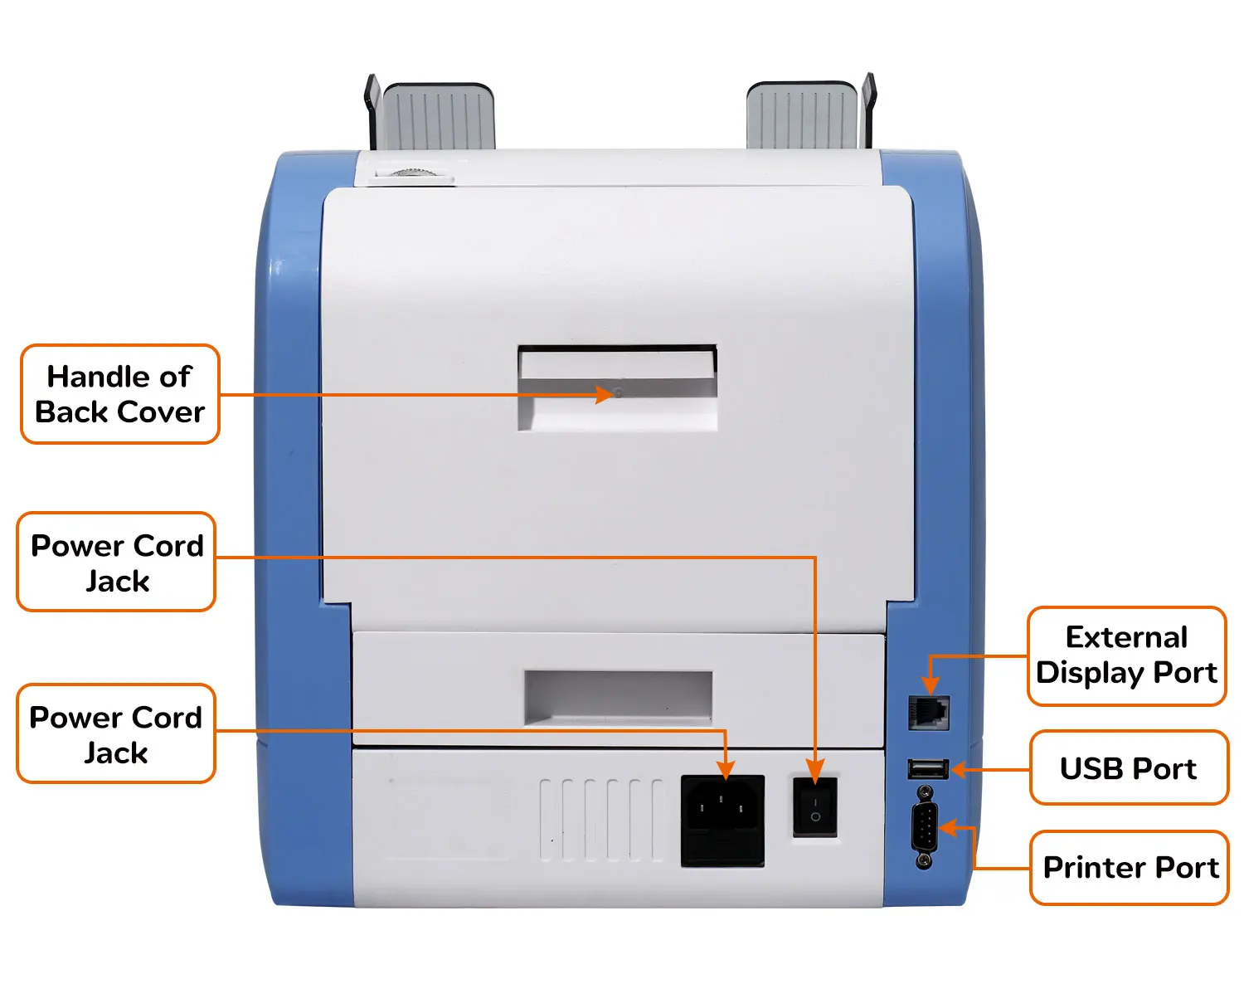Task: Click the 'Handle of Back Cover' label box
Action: click(x=120, y=394)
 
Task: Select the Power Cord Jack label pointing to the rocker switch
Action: click(x=116, y=563)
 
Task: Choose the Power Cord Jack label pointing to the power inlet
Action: click(x=116, y=734)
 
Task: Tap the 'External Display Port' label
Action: click(x=1126, y=655)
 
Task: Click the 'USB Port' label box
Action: click(x=1128, y=768)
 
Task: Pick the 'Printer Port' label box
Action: click(x=1130, y=868)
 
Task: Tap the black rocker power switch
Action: click(x=814, y=807)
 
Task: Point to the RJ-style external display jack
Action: click(x=929, y=713)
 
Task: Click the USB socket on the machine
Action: click(x=928, y=769)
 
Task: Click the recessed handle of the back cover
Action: click(x=618, y=388)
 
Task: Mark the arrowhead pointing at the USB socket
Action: click(x=960, y=770)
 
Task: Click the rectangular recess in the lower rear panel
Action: click(x=618, y=695)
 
